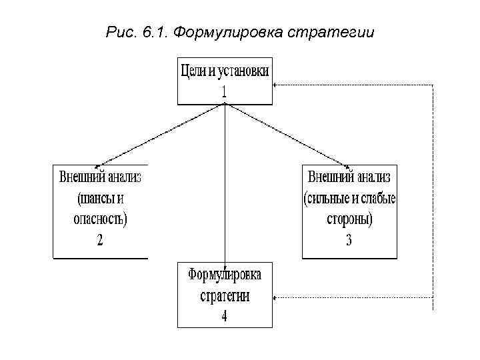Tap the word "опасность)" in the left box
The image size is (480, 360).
pyautogui.click(x=100, y=219)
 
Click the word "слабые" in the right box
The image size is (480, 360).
pyautogui.click(x=378, y=198)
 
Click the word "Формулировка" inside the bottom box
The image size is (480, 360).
pyautogui.click(x=225, y=275)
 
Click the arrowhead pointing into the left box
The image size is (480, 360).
pyautogui.click(x=97, y=165)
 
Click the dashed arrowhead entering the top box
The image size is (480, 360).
pyautogui.click(x=277, y=84)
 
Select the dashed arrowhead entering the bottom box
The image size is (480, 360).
pyautogui.click(x=277, y=296)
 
